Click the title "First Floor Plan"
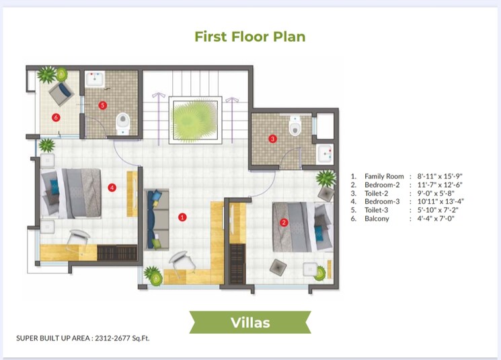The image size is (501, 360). (x=249, y=36)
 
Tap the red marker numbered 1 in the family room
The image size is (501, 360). (x=182, y=217)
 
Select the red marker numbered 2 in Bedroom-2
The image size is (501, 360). (x=284, y=223)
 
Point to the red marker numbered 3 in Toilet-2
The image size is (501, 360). (x=272, y=139)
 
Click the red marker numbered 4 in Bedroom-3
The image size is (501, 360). (x=112, y=188)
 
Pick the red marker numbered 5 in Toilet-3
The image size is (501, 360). (x=102, y=105)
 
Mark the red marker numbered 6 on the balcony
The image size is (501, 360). (x=56, y=116)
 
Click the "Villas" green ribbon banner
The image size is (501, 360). (x=250, y=323)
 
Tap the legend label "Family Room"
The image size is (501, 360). (x=384, y=176)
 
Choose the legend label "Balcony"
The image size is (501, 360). (x=377, y=219)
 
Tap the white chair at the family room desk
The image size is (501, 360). (x=180, y=260)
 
